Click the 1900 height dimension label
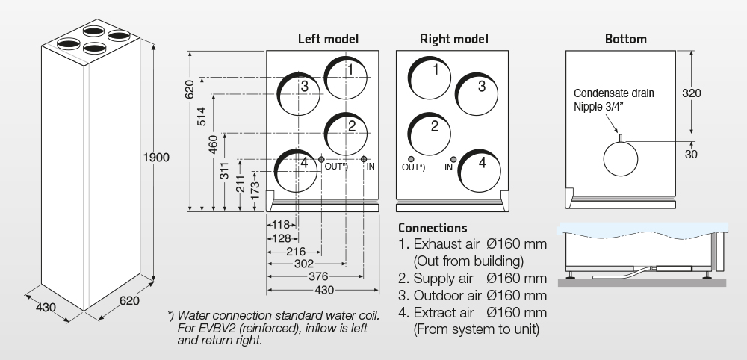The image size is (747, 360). [x=157, y=158]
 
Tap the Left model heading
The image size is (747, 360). [x=328, y=38]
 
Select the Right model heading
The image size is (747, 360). [x=454, y=38]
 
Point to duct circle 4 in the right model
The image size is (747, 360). [x=480, y=170]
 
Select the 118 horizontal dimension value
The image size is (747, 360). [x=280, y=224]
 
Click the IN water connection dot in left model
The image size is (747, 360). [x=364, y=159]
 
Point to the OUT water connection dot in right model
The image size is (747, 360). [x=411, y=159]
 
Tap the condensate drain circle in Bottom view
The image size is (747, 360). [x=622, y=159]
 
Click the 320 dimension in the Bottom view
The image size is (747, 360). [x=692, y=93]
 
